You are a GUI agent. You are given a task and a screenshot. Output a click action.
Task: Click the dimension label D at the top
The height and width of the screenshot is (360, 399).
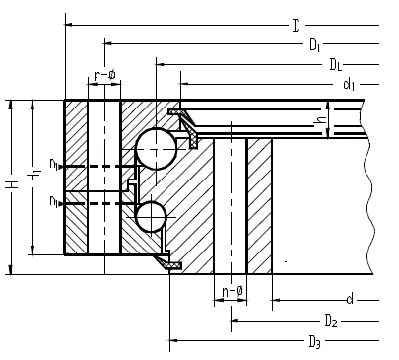(297, 26)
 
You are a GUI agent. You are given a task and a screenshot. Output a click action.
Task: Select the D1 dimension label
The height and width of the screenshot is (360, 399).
(314, 45)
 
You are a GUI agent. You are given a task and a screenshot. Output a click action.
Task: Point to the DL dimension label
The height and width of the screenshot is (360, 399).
(336, 65)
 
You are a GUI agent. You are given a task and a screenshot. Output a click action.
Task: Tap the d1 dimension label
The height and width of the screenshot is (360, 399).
(349, 85)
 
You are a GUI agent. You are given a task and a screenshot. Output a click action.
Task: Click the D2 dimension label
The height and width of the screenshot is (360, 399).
(331, 321)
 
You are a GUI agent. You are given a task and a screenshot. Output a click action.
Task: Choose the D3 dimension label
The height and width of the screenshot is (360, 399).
(314, 342)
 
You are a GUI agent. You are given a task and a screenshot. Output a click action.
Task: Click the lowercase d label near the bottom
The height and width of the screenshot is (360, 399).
(350, 300)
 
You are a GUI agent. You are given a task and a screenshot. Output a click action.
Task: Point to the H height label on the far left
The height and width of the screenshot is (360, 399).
(13, 184)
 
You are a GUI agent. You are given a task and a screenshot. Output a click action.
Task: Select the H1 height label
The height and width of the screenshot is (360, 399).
(34, 175)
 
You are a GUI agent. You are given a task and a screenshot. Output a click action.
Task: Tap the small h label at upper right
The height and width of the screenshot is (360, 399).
(320, 120)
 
